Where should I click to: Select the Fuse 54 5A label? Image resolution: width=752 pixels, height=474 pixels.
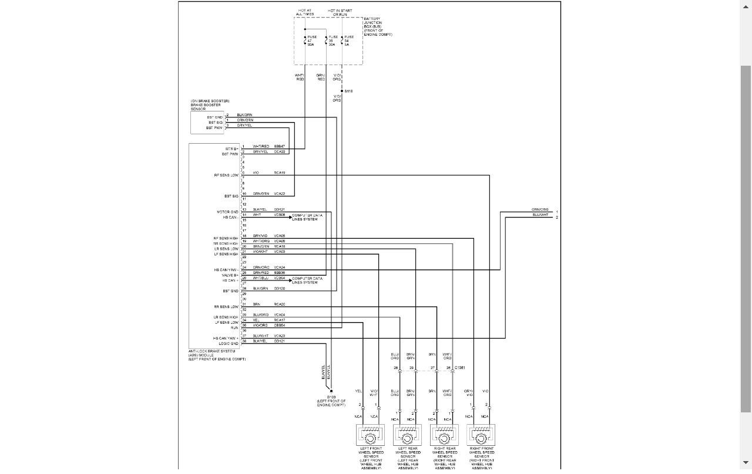pos(349,40)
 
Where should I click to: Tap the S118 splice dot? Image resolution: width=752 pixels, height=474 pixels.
pos(341,91)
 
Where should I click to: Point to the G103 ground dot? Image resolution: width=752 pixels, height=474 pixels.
pos(331,391)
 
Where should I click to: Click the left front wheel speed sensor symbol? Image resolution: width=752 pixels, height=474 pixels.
pos(370,437)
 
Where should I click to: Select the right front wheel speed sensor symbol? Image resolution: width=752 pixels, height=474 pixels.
pos(481,437)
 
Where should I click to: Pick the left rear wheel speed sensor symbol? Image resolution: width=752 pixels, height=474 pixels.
pos(407,437)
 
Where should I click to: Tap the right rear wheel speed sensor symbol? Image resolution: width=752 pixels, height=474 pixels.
pos(444,437)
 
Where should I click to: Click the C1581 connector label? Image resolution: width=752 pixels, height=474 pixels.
pos(459,368)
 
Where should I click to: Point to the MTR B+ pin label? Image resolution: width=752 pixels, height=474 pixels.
pos(231,148)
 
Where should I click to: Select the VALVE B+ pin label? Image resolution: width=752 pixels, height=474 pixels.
pos(230,275)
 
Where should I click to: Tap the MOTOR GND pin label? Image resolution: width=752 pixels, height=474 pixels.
pos(228,211)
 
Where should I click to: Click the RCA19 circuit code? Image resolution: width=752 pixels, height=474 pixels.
pos(279,173)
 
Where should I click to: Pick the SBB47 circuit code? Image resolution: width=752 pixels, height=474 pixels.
pos(279,146)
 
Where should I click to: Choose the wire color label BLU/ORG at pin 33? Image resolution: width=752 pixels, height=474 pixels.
pos(260,315)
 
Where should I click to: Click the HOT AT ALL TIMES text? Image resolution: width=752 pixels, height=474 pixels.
pos(305,12)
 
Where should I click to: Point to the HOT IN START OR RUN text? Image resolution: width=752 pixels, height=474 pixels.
pos(340,12)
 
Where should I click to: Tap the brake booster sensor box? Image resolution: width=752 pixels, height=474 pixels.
pos(207,122)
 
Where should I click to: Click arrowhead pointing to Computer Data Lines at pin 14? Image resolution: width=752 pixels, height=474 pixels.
pos(290,216)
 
